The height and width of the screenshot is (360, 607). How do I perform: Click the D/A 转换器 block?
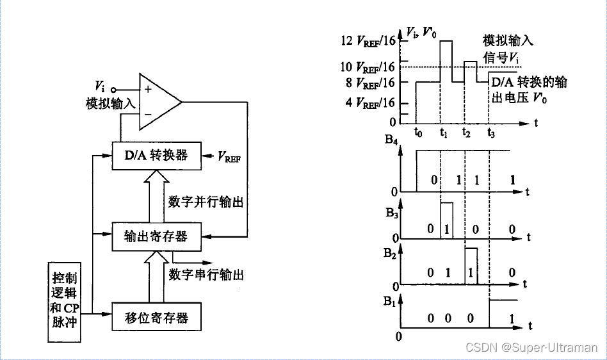(156, 156)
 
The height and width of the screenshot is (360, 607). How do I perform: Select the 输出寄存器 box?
(156, 236)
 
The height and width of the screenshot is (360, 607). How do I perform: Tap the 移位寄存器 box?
(156, 316)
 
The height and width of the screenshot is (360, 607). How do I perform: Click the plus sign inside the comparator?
(148, 90)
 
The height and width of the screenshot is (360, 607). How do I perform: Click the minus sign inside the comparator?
(148, 113)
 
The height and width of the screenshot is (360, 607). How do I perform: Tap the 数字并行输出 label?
(206, 202)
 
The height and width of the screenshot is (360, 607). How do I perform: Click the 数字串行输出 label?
(206, 275)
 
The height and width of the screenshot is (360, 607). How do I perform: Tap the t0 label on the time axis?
(417, 133)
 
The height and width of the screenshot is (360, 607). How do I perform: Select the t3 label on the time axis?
(490, 133)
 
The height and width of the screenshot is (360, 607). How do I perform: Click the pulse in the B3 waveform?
(446, 220)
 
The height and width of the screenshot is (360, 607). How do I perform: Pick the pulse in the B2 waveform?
(471, 266)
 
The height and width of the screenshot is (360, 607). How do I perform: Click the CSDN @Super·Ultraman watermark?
(531, 347)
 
